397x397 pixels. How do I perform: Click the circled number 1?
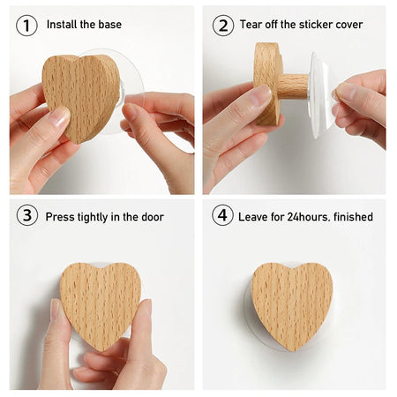[x=26, y=26]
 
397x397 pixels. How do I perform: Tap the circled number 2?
[x=223, y=26]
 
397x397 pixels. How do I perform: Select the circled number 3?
[x=27, y=215]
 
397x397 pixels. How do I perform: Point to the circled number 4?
[x=222, y=215]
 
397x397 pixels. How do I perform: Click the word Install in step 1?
[x=62, y=24]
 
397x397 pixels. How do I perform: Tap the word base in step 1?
[x=110, y=24]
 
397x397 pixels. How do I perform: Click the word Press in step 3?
[x=60, y=217]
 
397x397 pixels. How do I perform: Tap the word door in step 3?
[x=153, y=217]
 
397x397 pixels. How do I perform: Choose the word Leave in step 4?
[x=252, y=217]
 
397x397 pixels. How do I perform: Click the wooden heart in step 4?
[x=292, y=304]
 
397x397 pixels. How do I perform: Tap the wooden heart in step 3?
[x=101, y=304]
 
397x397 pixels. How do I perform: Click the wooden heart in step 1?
[x=80, y=97]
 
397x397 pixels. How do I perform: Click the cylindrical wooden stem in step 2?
[x=293, y=86]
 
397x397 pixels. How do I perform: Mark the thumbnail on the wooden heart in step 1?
[x=60, y=116]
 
